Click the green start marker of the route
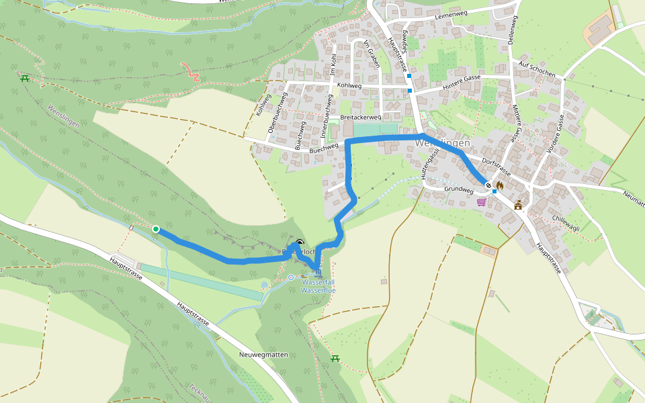pos(156,229)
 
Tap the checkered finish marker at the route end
pos(488,185)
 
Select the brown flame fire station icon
pos(499,185)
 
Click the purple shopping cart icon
pos(481,201)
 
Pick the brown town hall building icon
pos(518,206)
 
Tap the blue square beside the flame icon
pos(494,191)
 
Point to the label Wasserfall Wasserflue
pos(318,286)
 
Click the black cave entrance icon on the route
pos(300,243)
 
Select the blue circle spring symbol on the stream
pos(290,277)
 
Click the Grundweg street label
pos(459,190)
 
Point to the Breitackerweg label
pos(361,117)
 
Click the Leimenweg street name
pos(451,13)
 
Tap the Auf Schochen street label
pos(537,68)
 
